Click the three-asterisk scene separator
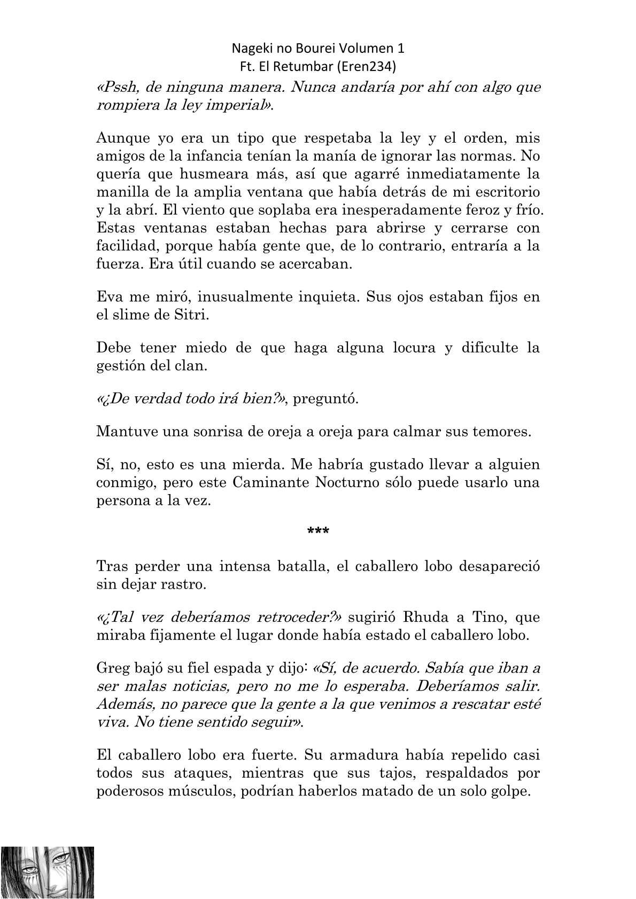(318, 531)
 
